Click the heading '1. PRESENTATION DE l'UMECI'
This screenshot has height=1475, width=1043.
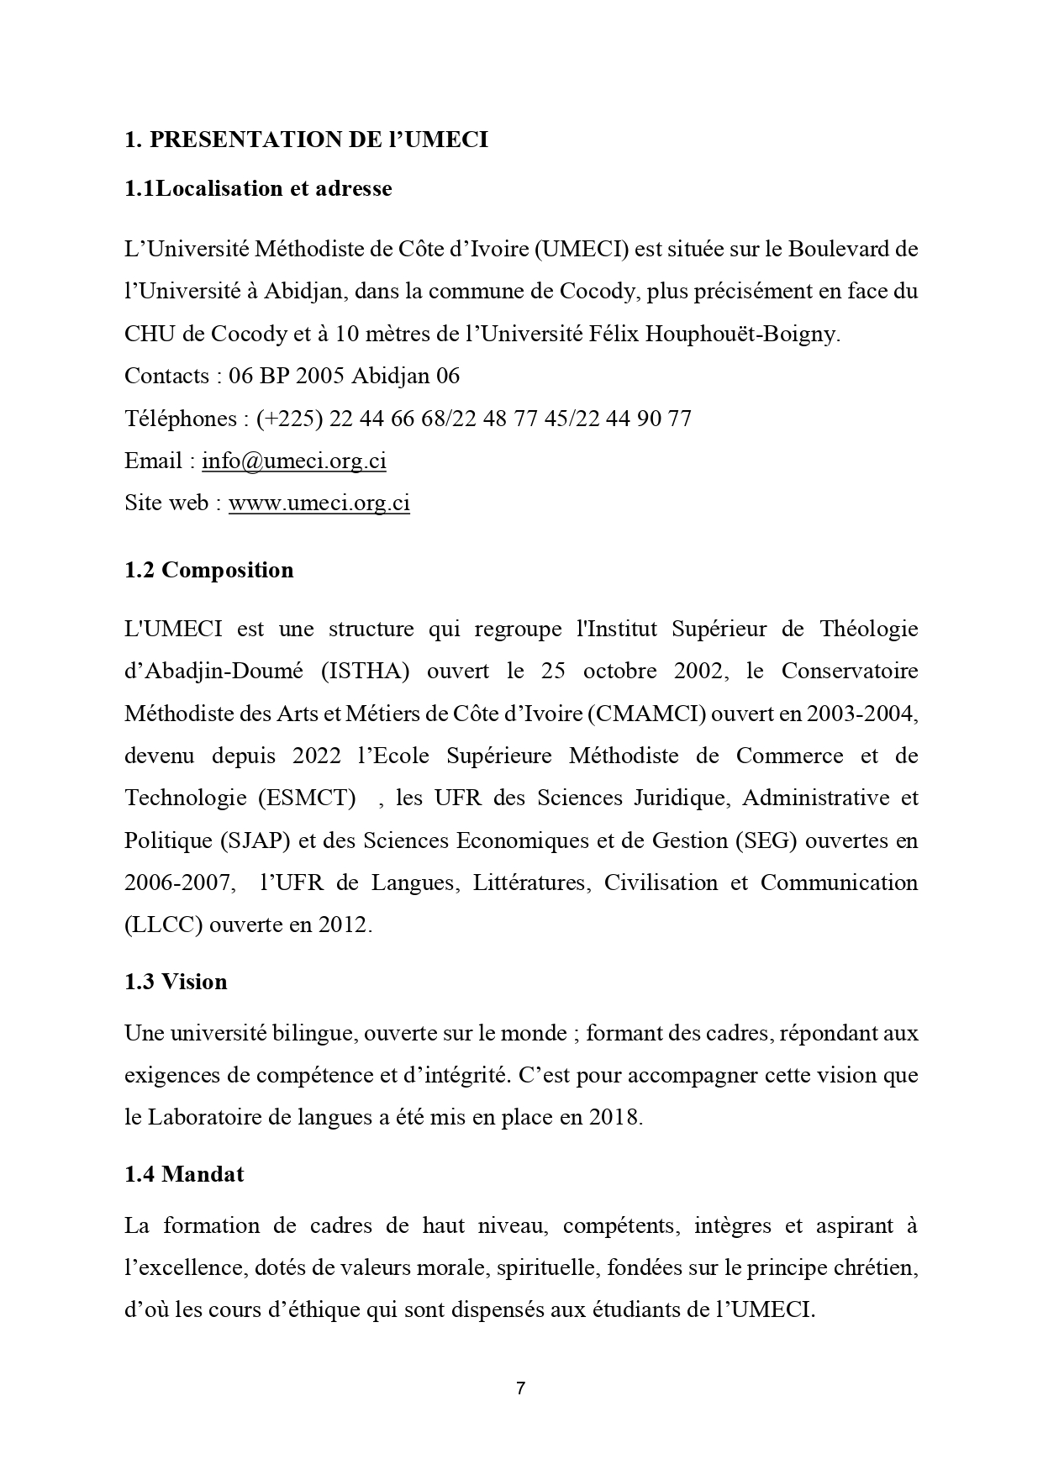click(306, 140)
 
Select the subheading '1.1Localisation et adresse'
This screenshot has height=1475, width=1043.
click(258, 188)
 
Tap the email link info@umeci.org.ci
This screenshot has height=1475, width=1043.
click(294, 461)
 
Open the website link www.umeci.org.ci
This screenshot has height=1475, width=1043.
click(319, 503)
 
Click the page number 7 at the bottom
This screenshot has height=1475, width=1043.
click(521, 1388)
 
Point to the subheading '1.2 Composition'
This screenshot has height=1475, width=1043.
click(209, 570)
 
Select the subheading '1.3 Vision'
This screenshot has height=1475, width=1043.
click(176, 982)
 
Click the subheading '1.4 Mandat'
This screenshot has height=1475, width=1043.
click(184, 1173)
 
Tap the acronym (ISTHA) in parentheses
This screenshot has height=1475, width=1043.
click(365, 671)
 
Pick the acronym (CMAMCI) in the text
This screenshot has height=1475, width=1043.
click(648, 713)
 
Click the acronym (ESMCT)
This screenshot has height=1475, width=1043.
click(312, 797)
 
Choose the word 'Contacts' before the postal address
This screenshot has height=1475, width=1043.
click(166, 376)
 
